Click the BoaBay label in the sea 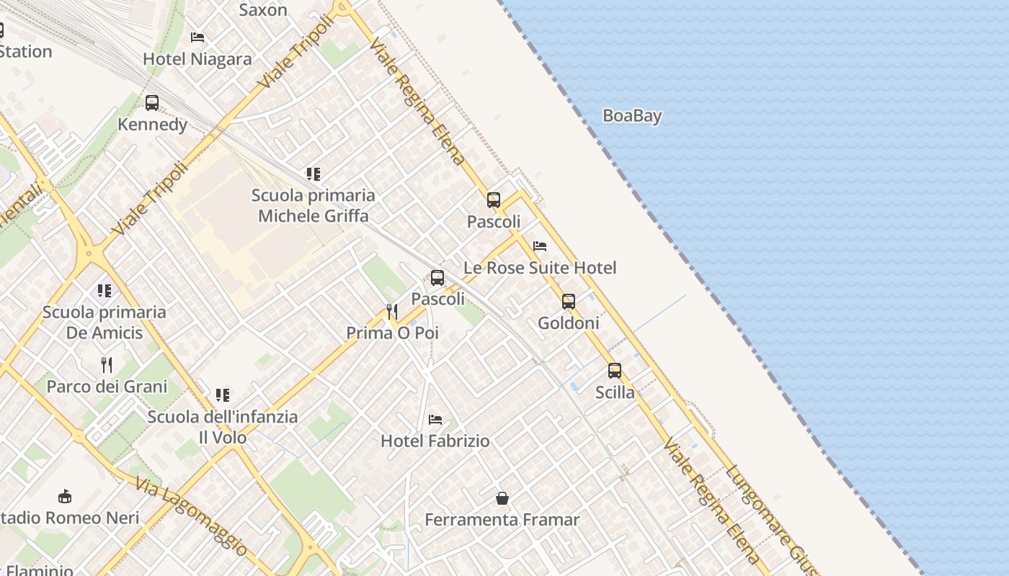[632, 115]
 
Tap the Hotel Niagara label [197, 59]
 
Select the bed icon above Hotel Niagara [197, 37]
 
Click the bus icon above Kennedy [152, 103]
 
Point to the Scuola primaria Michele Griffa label [313, 205]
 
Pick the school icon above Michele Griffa [313, 174]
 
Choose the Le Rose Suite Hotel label [540, 268]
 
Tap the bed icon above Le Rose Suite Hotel [539, 246]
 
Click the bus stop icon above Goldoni [569, 302]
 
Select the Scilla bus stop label [615, 392]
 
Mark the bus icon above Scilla [615, 371]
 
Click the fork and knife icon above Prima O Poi [392, 312]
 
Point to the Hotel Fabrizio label [435, 441]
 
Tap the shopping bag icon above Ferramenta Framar [502, 498]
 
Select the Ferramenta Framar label [502, 519]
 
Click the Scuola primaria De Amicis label [105, 322]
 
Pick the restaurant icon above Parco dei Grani [107, 365]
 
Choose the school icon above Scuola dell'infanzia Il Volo [223, 395]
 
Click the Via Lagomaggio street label [191, 516]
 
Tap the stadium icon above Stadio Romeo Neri [65, 496]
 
